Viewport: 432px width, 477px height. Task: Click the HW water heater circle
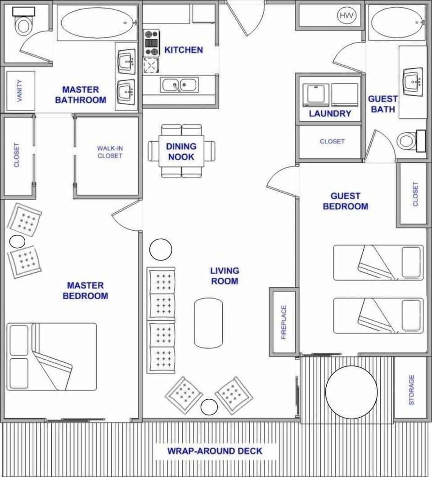tap(346, 16)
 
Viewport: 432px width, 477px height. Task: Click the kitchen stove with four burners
tap(151, 43)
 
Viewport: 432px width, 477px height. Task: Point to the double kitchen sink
tap(179, 85)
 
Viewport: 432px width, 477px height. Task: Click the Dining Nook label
tap(181, 152)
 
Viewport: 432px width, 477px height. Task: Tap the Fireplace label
tap(284, 322)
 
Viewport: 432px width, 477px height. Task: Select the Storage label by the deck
tap(411, 390)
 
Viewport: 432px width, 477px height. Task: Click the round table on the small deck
tap(351, 392)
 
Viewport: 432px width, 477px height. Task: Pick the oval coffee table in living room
tap(208, 322)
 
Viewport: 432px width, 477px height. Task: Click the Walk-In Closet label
tap(110, 152)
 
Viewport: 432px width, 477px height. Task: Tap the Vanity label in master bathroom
tap(20, 91)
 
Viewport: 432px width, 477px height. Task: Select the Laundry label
tap(329, 114)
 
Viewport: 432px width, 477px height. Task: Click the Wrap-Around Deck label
tap(215, 451)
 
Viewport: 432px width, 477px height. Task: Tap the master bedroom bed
tap(52, 356)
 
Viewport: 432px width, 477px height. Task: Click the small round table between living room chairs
tap(209, 407)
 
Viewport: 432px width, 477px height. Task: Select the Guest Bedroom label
tap(346, 201)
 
